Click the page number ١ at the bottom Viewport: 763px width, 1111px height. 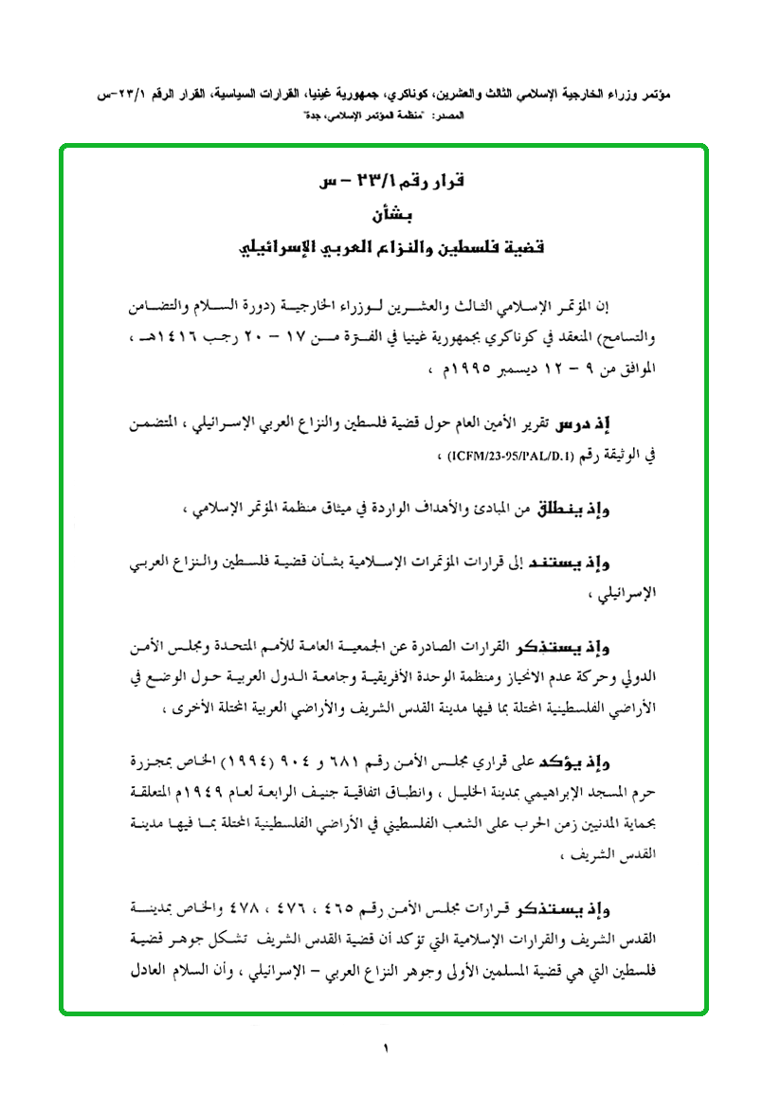click(387, 1048)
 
